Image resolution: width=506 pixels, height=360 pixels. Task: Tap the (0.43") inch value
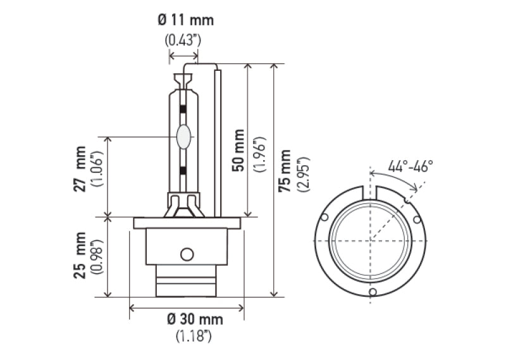pos(183,40)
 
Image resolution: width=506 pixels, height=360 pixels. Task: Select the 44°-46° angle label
pos(410,166)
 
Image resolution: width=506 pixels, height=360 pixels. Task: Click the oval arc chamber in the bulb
pos(184,137)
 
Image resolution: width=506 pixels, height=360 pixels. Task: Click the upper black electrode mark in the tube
pos(183,108)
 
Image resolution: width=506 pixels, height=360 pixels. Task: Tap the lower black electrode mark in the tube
pos(183,170)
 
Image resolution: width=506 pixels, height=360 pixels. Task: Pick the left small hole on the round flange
pos(325,218)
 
